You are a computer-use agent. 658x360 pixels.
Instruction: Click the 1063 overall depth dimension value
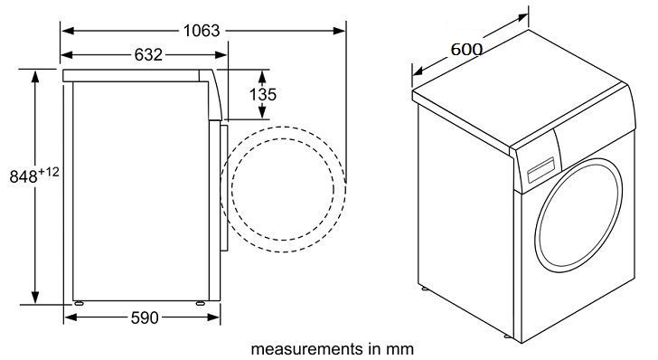[x=201, y=30]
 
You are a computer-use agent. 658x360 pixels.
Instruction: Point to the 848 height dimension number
[x=22, y=178]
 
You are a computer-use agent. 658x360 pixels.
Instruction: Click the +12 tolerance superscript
[x=48, y=172]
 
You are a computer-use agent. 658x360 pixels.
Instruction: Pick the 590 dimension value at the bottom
[x=145, y=317]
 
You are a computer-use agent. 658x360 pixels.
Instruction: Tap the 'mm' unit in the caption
[x=403, y=347]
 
